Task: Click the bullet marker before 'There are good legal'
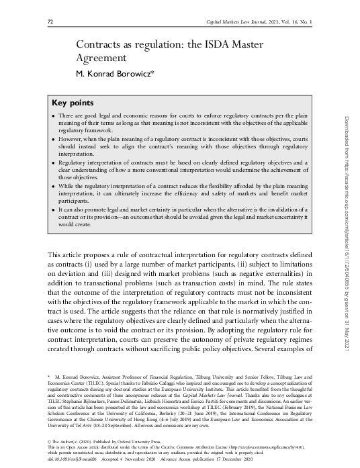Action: [54, 117]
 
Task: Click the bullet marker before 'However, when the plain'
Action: [54, 139]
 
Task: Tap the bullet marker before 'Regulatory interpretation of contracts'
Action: [54, 162]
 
